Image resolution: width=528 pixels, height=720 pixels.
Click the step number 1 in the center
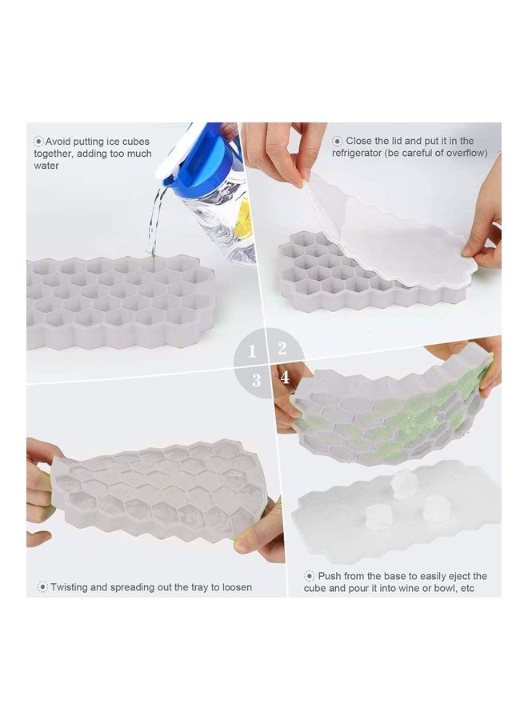tap(252, 350)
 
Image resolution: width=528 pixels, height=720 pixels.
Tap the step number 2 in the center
tap(282, 348)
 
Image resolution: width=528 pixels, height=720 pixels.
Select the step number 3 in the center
tap(256, 381)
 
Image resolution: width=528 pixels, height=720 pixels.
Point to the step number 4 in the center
tap(284, 378)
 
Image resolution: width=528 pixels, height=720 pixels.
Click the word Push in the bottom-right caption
tap(330, 576)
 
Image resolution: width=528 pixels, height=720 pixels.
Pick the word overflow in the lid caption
tap(464, 153)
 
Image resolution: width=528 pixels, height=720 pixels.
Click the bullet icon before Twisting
tap(41, 587)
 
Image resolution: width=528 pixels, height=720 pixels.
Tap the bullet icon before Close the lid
tap(337, 141)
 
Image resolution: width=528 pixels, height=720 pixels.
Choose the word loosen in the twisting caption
tap(236, 587)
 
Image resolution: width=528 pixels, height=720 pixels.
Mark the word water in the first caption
tap(46, 166)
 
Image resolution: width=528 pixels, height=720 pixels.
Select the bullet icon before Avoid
tap(38, 141)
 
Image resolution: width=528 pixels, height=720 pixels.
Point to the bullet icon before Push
tap(310, 576)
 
